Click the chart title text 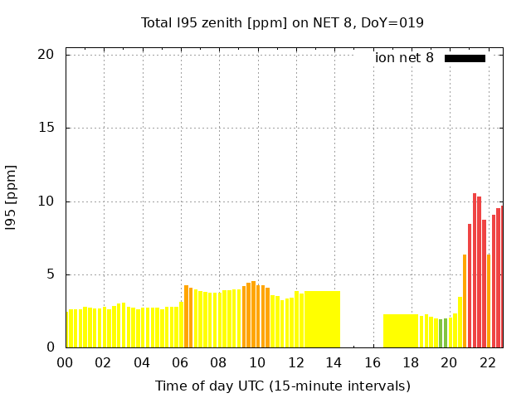(x=282, y=22)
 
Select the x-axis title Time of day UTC (x=282, y=386)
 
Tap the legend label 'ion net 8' (x=404, y=58)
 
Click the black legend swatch (x=465, y=58)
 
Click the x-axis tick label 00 (x=65, y=362)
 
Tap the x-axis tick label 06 (x=180, y=362)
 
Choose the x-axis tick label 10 (x=257, y=362)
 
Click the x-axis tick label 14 (x=334, y=362)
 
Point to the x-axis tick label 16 (x=373, y=362)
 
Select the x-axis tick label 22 (x=488, y=362)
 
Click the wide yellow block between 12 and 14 (x=322, y=319)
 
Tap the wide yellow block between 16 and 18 (x=401, y=331)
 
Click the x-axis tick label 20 (x=449, y=362)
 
